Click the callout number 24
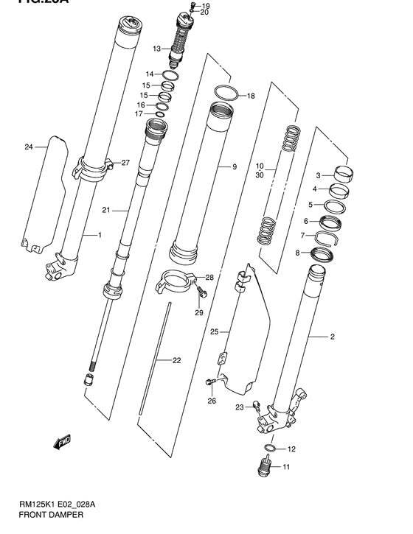(29, 147)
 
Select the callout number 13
(156, 49)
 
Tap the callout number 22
(176, 360)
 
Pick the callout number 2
(332, 337)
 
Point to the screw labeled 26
(211, 382)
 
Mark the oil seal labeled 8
(323, 256)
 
